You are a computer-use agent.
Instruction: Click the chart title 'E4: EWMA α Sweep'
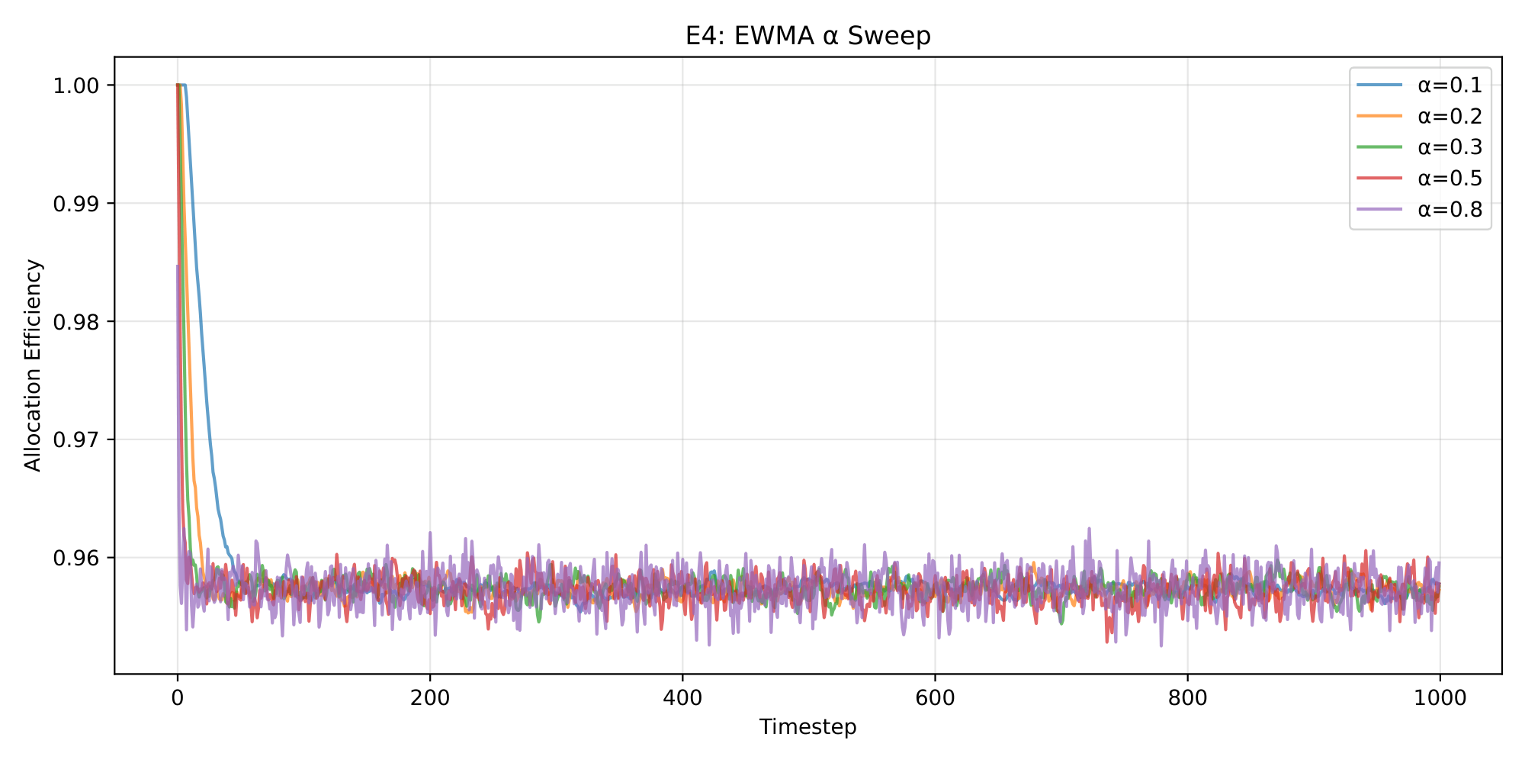pyautogui.click(x=807, y=36)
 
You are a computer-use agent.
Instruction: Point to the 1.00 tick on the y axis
pyautogui.click(x=76, y=85)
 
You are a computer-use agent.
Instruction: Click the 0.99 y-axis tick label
pyautogui.click(x=76, y=204)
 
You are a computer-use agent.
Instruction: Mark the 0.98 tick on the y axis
pyautogui.click(x=76, y=322)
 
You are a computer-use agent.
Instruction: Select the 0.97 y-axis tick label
pyautogui.click(x=76, y=440)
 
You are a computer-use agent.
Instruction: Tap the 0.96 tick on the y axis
pyautogui.click(x=76, y=559)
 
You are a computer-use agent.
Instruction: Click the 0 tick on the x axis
pyautogui.click(x=178, y=697)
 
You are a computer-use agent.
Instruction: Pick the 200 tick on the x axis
pyautogui.click(x=430, y=697)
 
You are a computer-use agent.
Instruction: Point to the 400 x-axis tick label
pyautogui.click(x=682, y=697)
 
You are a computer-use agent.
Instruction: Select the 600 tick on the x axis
pyautogui.click(x=935, y=697)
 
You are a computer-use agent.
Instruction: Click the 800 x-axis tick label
pyautogui.click(x=1187, y=697)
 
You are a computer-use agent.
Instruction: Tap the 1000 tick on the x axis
pyautogui.click(x=1440, y=697)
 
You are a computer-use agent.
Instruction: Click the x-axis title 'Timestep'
pyautogui.click(x=807, y=727)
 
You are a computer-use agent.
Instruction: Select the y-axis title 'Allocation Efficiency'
pyautogui.click(x=33, y=365)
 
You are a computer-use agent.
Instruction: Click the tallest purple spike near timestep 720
pyautogui.click(x=1088, y=529)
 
